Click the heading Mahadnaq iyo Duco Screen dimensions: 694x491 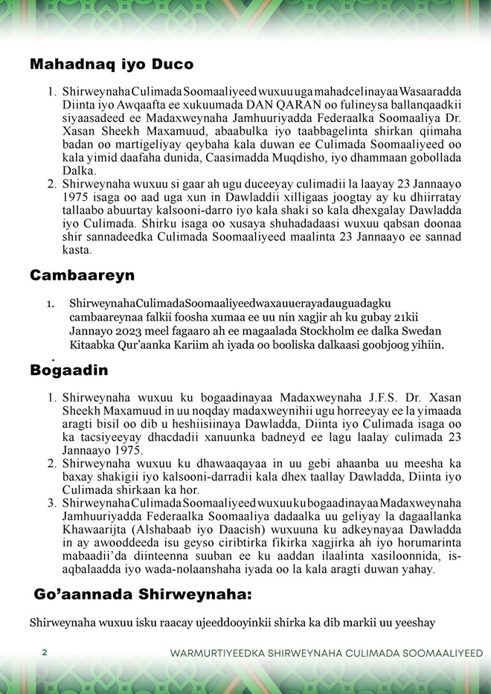pos(112,64)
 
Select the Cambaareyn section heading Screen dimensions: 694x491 pos(82,275)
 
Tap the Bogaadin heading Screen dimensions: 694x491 pos(69,370)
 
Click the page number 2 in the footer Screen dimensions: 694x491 pos(45,652)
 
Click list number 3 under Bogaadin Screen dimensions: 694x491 pos(53,504)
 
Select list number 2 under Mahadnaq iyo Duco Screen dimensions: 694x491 pos(53,183)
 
